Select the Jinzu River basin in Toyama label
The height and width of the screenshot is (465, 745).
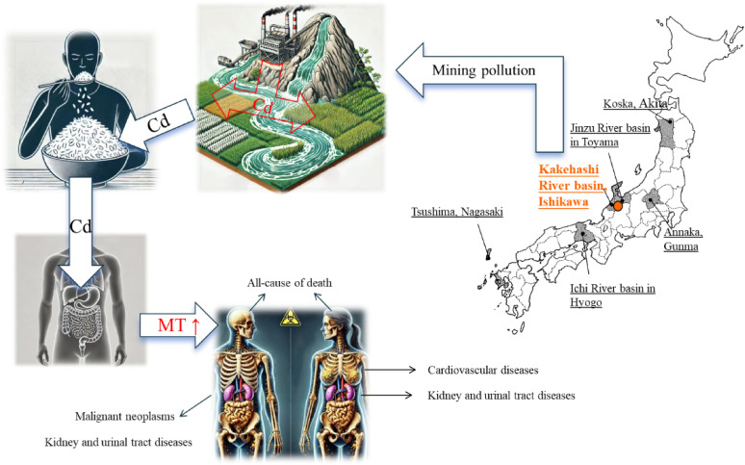tap(593, 142)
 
